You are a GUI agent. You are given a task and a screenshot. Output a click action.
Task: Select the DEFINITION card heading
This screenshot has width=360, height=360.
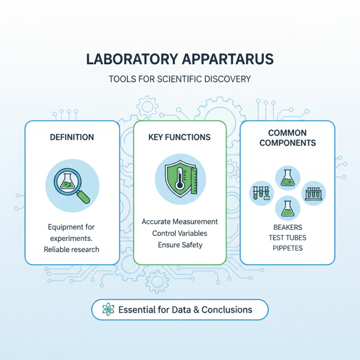(x=72, y=137)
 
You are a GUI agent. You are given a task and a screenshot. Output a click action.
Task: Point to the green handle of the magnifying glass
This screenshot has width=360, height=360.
(x=83, y=197)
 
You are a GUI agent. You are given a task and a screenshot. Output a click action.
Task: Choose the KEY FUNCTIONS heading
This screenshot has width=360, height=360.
(x=179, y=137)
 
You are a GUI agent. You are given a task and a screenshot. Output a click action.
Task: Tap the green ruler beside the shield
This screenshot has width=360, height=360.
(x=194, y=180)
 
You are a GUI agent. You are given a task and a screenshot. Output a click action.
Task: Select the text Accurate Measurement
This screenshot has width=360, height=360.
(x=180, y=222)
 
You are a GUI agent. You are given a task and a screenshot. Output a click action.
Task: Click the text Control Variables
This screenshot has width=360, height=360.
(x=180, y=234)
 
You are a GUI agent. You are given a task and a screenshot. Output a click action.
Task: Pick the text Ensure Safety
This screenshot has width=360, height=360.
(x=180, y=245)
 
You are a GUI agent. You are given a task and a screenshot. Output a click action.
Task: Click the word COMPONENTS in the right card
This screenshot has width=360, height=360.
(x=288, y=143)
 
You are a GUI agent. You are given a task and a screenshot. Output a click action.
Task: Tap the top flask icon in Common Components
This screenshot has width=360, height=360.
(x=288, y=177)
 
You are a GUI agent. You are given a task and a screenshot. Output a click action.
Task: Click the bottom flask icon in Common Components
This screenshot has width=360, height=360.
(x=288, y=207)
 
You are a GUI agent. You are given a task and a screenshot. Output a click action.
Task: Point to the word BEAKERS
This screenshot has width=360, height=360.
(x=288, y=227)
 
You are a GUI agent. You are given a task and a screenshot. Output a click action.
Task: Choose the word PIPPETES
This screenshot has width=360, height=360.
(x=288, y=248)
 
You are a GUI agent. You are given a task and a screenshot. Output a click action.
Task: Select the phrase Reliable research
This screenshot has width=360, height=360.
(x=72, y=249)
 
